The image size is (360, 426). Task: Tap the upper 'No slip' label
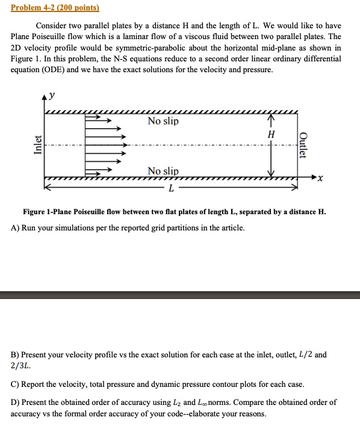coord(163,122)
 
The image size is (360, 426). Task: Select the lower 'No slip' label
coord(163,171)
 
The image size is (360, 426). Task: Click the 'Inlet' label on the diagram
coord(38,146)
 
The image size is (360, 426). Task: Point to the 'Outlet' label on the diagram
coord(303,145)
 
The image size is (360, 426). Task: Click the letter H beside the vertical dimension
coord(271,134)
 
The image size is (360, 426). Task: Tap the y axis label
coord(52,95)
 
